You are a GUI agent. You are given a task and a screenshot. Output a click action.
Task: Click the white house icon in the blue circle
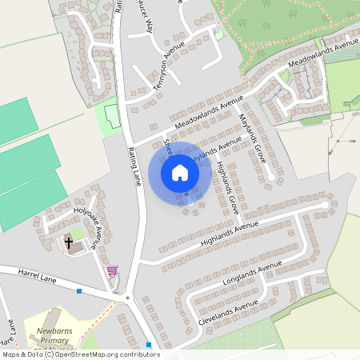coord(180,172)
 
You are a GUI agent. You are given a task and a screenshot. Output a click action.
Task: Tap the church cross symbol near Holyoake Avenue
coord(69,242)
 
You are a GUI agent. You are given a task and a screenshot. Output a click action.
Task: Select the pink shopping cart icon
coord(112,271)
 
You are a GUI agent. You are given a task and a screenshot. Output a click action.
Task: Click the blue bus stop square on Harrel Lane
coord(79,290)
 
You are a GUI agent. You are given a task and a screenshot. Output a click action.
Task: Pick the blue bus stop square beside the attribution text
coord(150,345)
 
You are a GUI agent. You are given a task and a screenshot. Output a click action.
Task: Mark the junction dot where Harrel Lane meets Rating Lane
coord(127,298)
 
